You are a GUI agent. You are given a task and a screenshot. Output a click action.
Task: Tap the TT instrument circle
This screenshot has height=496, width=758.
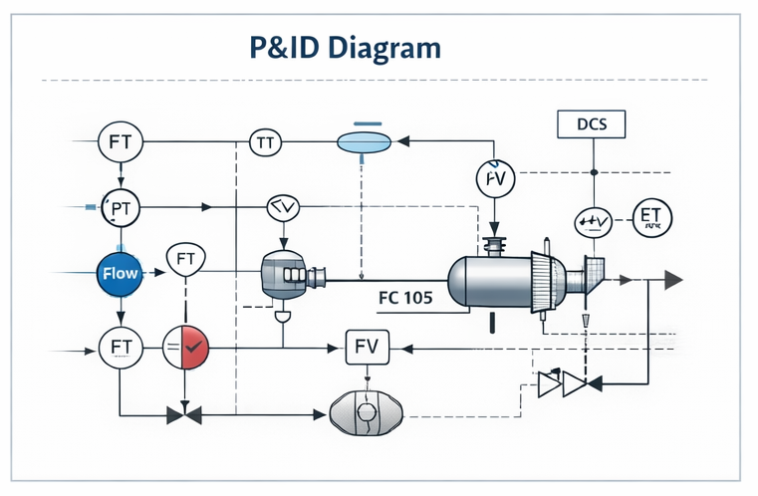[x=264, y=143]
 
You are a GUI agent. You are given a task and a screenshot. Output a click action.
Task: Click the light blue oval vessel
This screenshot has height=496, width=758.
[x=364, y=142]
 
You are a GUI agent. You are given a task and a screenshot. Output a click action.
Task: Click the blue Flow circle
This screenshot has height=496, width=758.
[x=120, y=272]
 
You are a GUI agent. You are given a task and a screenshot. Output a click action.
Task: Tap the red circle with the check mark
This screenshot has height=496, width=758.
[x=186, y=348]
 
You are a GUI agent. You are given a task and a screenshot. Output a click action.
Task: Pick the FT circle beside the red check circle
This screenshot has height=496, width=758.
[x=121, y=348]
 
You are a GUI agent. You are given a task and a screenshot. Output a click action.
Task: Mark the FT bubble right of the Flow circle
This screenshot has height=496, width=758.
[x=185, y=261]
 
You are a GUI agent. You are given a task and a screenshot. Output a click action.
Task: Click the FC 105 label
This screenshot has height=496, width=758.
[x=405, y=296]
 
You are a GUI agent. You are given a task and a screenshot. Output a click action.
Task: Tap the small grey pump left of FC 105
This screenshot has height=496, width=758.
[x=288, y=272]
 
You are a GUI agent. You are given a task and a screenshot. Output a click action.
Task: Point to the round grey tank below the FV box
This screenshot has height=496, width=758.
[x=368, y=411]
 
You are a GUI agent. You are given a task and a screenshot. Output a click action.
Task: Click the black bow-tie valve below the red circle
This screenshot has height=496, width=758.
[x=185, y=411]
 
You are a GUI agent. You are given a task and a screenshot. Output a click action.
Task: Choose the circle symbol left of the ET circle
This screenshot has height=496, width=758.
[x=593, y=221]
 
